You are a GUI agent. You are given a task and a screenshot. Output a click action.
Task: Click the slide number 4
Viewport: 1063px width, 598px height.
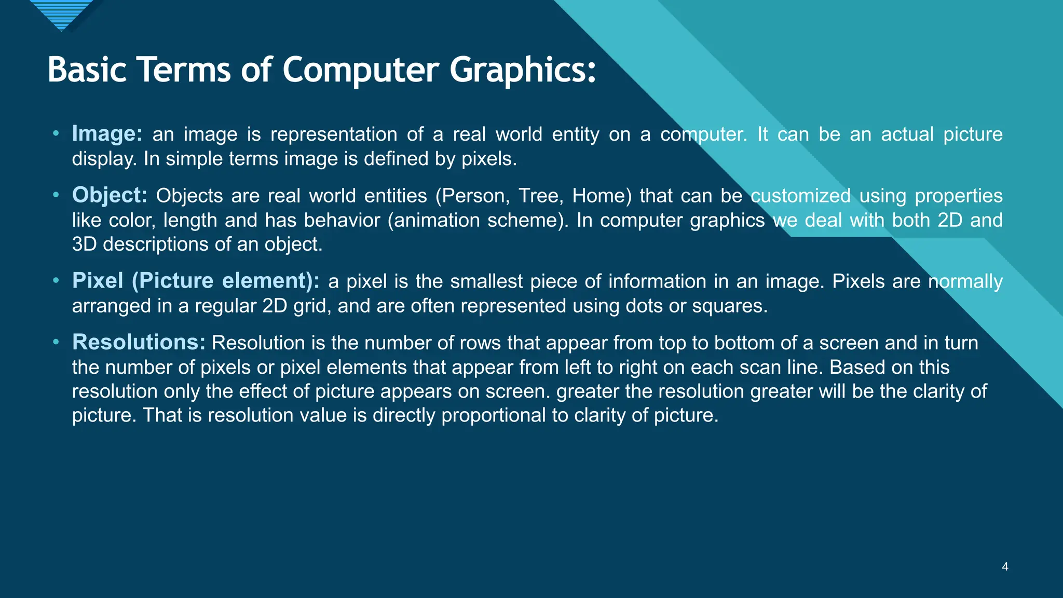pyautogui.click(x=1005, y=567)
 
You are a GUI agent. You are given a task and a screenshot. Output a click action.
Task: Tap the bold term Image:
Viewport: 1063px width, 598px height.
pyautogui.click(x=107, y=134)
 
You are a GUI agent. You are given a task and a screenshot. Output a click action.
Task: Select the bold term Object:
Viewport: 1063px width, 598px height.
pyautogui.click(x=110, y=195)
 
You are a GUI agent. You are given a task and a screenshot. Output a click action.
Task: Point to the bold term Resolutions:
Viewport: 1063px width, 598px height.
pyautogui.click(x=139, y=343)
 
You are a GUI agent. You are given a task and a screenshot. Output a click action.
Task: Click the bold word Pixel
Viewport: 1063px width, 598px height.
pyautogui.click(x=98, y=281)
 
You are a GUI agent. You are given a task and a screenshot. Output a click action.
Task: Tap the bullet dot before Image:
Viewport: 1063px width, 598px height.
pyautogui.click(x=56, y=134)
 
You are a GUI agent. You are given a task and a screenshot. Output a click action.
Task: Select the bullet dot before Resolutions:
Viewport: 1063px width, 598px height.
pyautogui.click(x=56, y=343)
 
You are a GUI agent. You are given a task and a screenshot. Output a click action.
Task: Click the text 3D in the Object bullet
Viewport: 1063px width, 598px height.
pyautogui.click(x=84, y=244)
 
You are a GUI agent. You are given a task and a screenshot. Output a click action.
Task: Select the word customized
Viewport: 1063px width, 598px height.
pyautogui.click(x=800, y=196)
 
